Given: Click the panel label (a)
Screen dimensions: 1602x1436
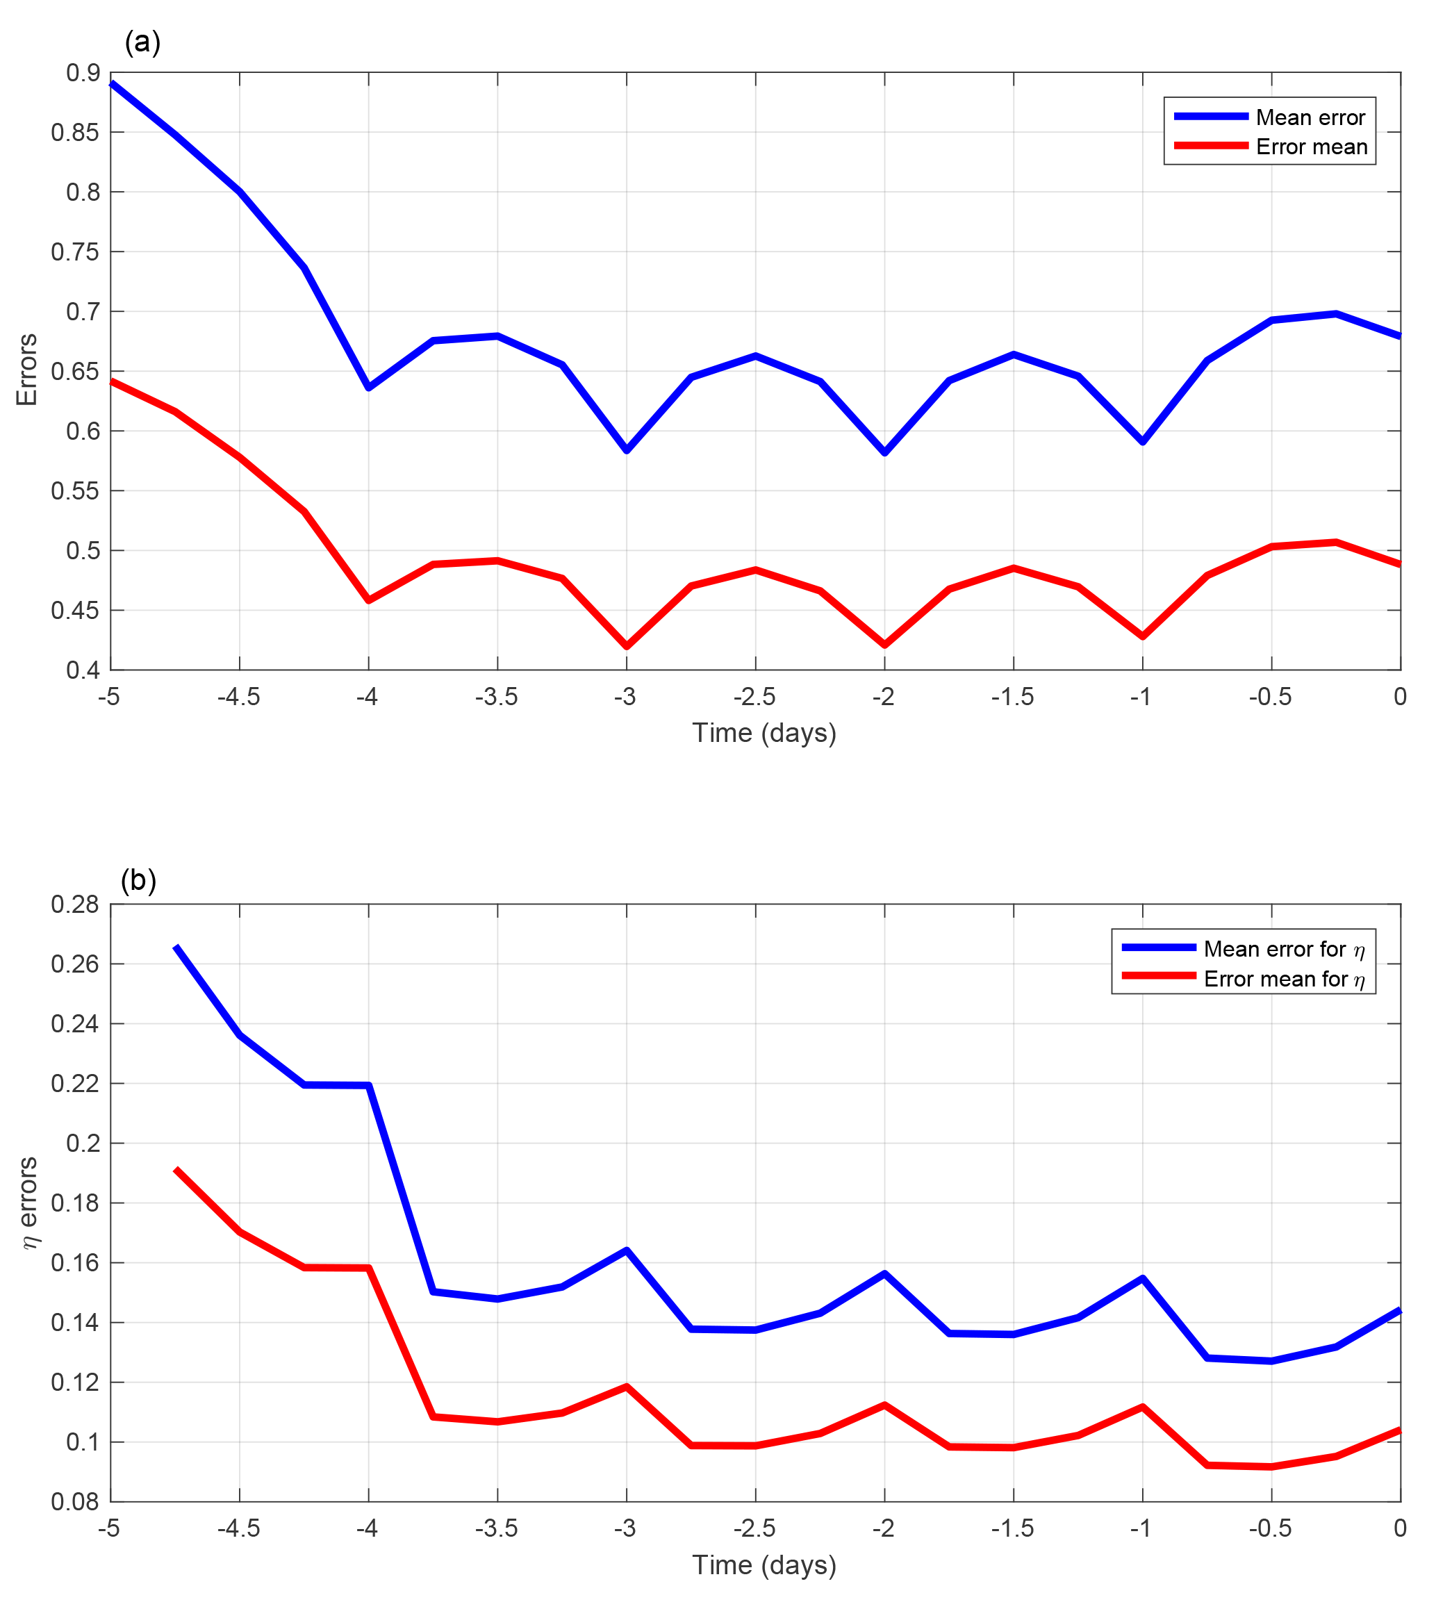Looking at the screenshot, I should coord(142,42).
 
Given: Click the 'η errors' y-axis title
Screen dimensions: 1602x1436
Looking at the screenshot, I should coord(28,1203).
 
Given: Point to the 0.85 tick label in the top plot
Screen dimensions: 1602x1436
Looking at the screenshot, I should coord(75,133).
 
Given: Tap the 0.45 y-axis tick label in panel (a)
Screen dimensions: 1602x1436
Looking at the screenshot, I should coord(75,610).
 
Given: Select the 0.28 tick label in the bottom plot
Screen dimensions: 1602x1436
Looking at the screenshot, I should coord(75,905).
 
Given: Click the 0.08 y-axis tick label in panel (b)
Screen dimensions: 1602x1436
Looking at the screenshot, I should coord(75,1501).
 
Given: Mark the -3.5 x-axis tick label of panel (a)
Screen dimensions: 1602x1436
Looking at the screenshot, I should coord(496,697).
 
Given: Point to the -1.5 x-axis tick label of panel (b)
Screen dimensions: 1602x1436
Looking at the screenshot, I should coord(1012,1528).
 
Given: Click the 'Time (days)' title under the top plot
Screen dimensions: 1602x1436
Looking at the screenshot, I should coord(764,733).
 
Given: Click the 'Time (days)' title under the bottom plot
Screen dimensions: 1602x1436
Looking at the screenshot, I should coord(764,1565).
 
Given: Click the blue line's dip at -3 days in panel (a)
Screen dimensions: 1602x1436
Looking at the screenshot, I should coord(627,449).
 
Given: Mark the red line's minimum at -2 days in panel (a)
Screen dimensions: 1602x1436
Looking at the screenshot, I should coord(884,645).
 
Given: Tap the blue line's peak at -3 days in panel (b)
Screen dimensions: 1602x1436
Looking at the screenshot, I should coord(627,1250).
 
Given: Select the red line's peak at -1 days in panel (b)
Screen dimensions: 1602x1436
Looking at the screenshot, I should coord(1143,1406).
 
